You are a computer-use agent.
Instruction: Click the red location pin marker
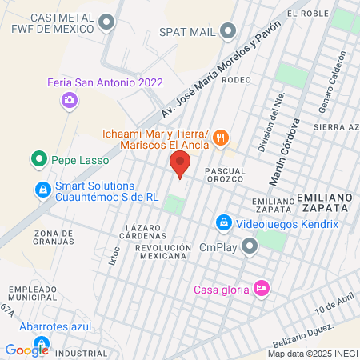180,165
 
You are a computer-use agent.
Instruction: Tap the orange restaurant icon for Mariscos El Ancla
222,138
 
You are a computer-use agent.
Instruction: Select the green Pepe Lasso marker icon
38,160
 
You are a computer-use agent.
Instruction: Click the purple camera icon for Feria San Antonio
70,99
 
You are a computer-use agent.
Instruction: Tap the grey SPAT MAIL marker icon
229,32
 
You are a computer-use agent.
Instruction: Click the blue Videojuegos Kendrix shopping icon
225,222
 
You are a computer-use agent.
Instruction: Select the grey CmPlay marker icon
250,246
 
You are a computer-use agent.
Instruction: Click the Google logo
26,350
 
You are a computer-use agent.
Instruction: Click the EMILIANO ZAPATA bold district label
323,202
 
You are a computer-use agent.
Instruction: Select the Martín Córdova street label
286,150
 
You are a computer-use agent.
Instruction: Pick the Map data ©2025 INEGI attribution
312,354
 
